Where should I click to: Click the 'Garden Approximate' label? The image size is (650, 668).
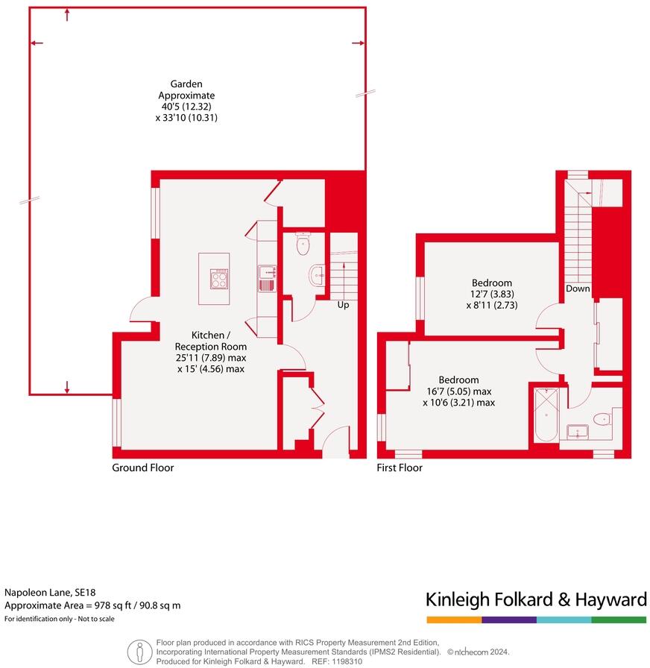pos(186,89)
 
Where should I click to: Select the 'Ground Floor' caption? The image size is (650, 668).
pos(142,467)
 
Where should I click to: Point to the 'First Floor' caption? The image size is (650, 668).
pos(400,467)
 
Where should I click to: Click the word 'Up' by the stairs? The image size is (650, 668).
pos(343,305)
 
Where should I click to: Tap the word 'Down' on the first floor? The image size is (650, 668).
pos(578,289)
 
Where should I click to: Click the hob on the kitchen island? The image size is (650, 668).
pos(220,280)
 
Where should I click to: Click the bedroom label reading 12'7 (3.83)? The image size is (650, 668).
pos(492,294)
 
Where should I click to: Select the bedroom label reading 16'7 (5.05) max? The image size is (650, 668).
pos(458,391)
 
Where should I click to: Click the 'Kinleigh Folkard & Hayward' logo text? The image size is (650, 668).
pos(536,599)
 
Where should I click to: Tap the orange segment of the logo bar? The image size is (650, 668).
pos(454,620)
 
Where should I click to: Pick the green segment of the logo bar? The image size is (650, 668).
pos(619,620)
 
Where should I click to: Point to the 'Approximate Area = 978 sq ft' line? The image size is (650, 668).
pos(92,605)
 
